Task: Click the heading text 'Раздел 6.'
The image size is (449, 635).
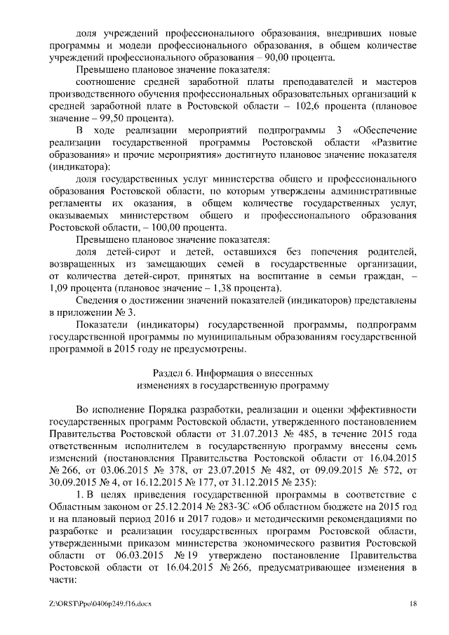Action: pos(173,372)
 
